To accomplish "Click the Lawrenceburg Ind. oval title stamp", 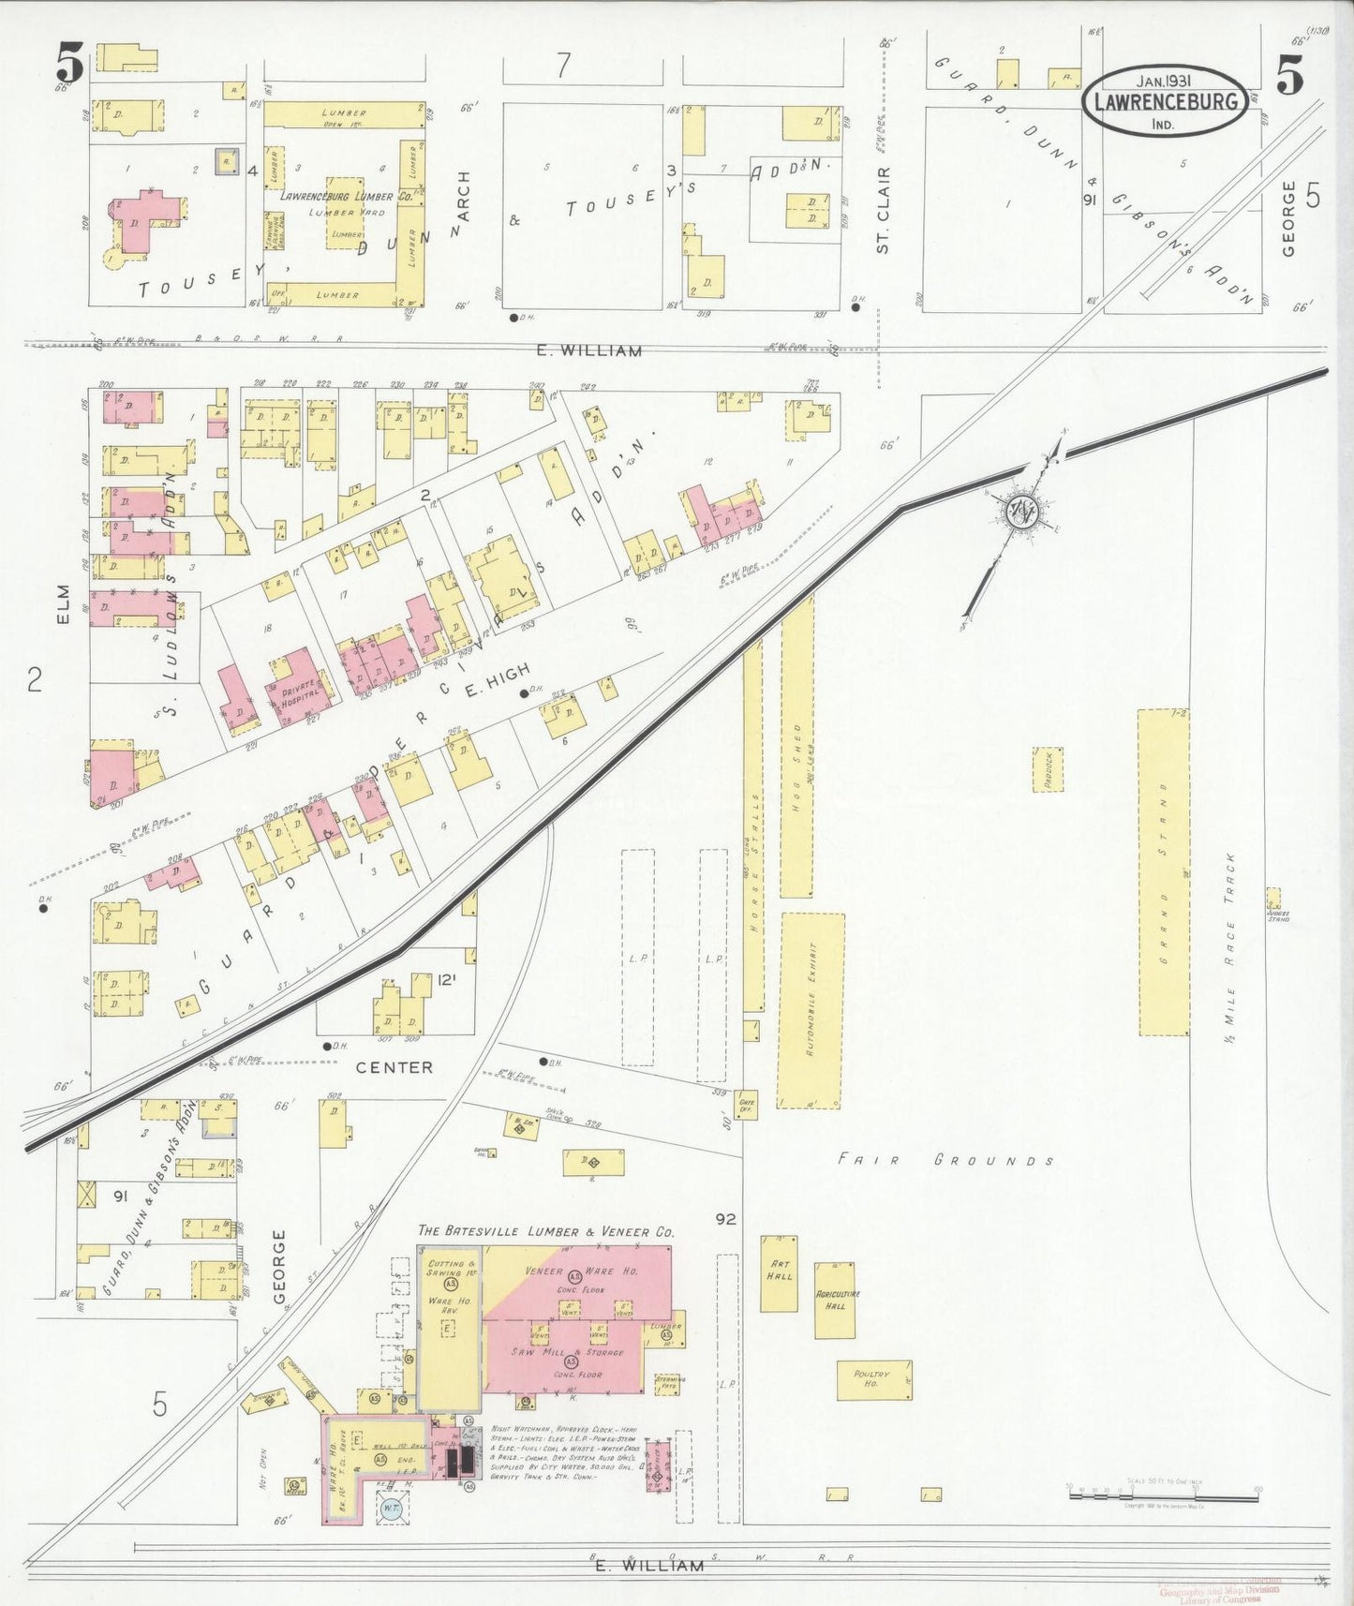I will (x=1166, y=100).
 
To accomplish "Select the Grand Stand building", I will (x=1164, y=871).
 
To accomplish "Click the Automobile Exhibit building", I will (x=811, y=1011).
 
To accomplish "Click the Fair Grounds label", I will (x=945, y=1160).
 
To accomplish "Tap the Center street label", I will (x=394, y=1066).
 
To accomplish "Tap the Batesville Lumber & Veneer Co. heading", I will (x=545, y=1232).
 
